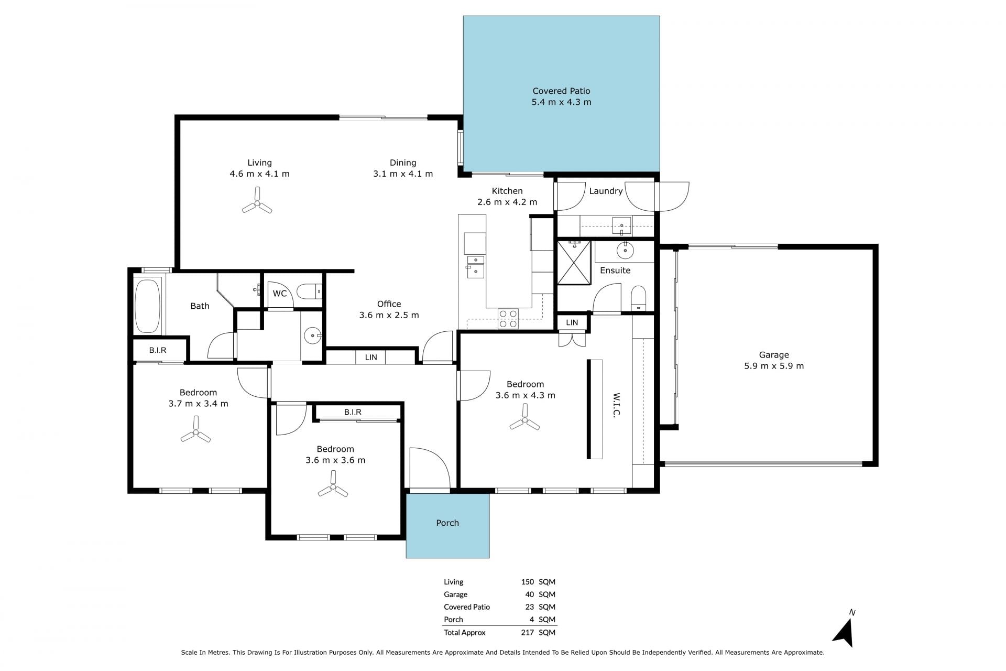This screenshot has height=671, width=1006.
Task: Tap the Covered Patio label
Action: (561, 91)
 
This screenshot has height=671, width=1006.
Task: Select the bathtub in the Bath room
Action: (147, 306)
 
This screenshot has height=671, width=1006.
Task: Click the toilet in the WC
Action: (309, 291)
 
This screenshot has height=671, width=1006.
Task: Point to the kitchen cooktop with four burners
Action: (508, 319)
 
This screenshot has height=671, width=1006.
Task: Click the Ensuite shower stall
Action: (574, 262)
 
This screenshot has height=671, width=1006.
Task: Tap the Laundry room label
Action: (606, 191)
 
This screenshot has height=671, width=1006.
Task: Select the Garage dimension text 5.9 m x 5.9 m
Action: (774, 366)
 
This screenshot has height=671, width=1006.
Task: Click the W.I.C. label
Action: (617, 405)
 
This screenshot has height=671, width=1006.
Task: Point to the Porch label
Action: (447, 523)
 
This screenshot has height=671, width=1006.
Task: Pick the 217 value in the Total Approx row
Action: (528, 632)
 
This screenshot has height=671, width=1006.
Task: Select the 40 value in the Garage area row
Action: (530, 594)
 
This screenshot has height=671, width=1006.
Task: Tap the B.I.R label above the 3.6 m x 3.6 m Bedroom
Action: (353, 412)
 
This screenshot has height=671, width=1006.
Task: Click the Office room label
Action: (389, 304)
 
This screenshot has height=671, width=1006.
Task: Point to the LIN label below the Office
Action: (371, 358)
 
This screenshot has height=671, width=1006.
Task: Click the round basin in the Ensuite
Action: (625, 251)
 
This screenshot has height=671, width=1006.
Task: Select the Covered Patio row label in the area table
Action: (467, 607)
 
